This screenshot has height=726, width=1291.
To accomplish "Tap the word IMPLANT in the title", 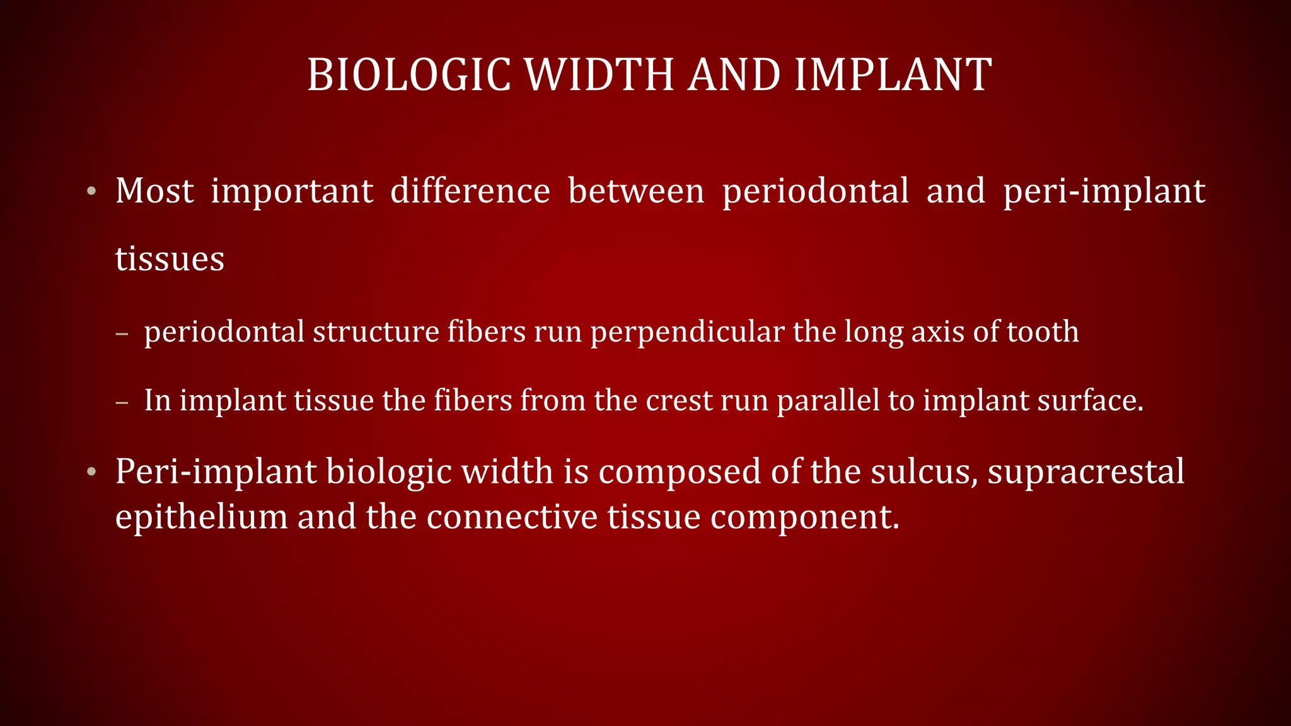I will [893, 75].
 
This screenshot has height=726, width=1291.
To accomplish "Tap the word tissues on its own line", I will [170, 259].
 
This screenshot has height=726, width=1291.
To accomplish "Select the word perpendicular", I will [687, 332].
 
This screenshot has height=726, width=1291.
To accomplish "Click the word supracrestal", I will [1085, 471].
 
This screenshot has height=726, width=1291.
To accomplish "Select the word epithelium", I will [202, 517].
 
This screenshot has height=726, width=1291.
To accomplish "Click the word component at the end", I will [804, 517].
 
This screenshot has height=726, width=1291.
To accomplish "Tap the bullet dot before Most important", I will [92, 191].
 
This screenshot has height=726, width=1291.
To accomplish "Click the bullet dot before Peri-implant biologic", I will [92, 472].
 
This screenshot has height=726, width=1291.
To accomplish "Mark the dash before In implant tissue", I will [122, 401].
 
